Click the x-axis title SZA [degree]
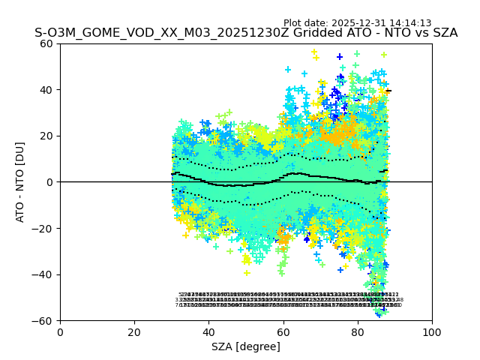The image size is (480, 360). [246, 346]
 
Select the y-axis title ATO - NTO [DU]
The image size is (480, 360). [21, 182]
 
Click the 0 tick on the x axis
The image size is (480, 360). [60, 331]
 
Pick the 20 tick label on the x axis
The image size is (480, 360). [134, 331]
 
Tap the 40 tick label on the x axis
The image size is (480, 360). [208, 331]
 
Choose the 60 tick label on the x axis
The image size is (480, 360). [283, 331]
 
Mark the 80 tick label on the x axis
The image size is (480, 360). [358, 331]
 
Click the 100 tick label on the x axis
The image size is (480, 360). [432, 331]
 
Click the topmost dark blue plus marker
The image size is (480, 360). [340, 57]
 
